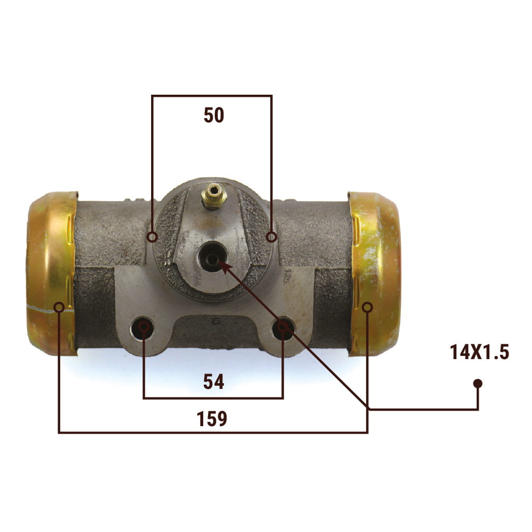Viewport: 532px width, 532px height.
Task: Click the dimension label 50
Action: coord(214,115)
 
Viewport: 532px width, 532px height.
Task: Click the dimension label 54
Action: coord(214,381)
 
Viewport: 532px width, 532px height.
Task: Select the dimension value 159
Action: coord(212,419)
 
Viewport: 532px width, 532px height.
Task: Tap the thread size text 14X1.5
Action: coord(479,352)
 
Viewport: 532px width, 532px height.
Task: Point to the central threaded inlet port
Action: coord(212,257)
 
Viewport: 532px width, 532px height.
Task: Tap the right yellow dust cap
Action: coord(375,273)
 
